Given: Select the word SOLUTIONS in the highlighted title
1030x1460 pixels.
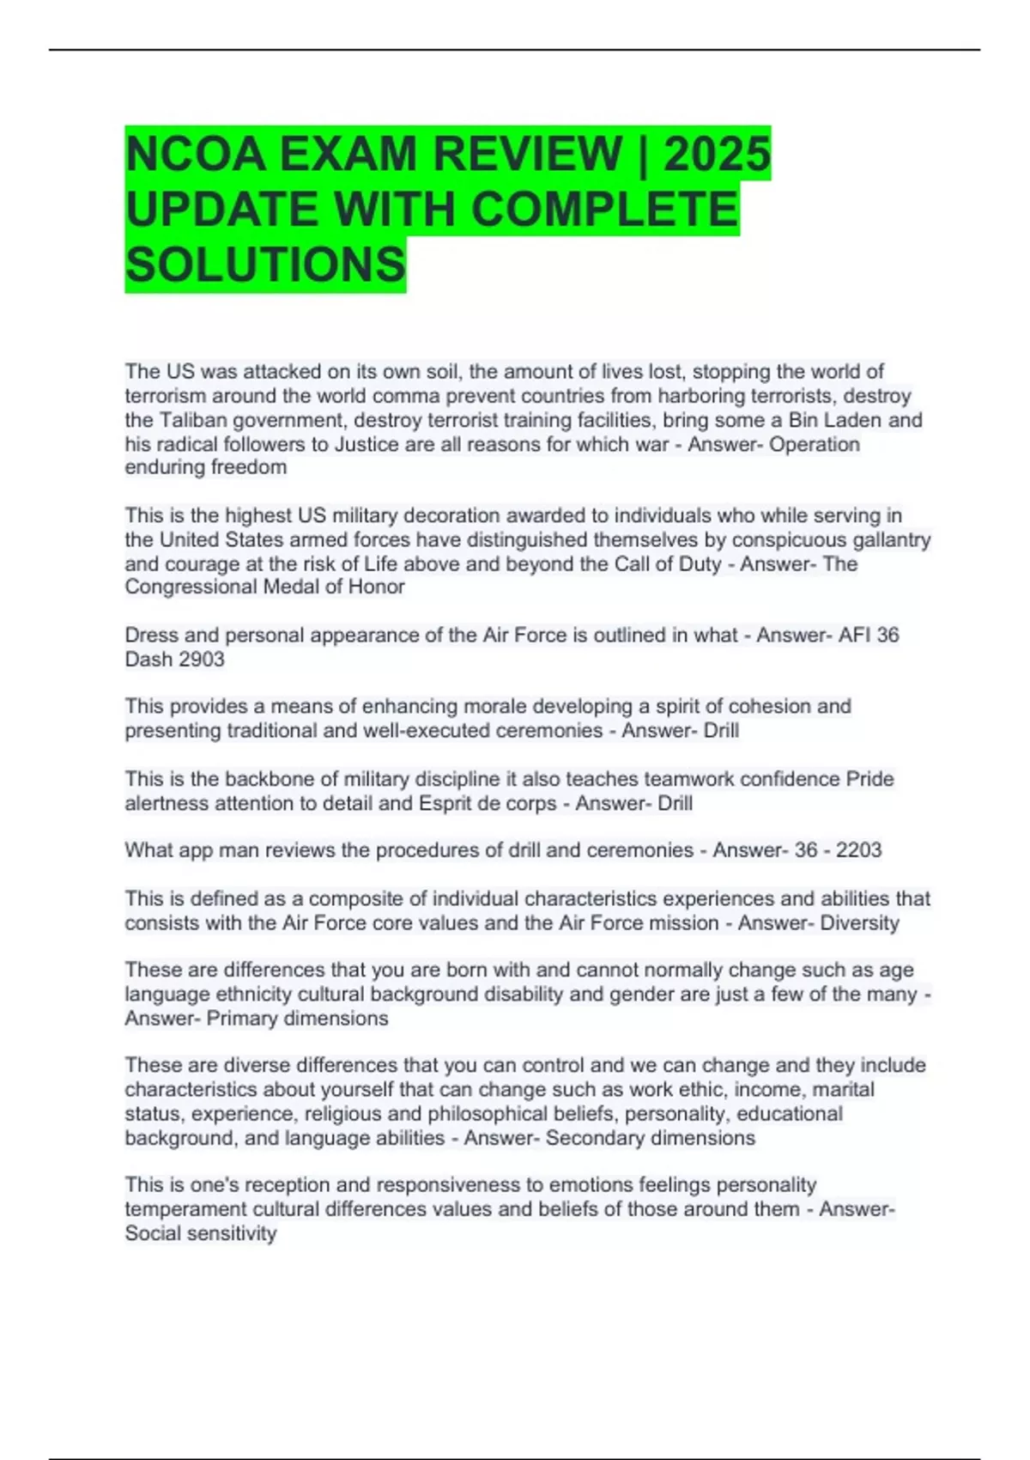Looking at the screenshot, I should [x=265, y=265].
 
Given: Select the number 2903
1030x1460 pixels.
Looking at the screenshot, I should [x=201, y=659].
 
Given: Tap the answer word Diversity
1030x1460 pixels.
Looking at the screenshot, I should [x=859, y=922].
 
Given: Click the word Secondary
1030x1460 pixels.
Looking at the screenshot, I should [x=595, y=1138].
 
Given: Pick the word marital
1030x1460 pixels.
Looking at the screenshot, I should [x=843, y=1089].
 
